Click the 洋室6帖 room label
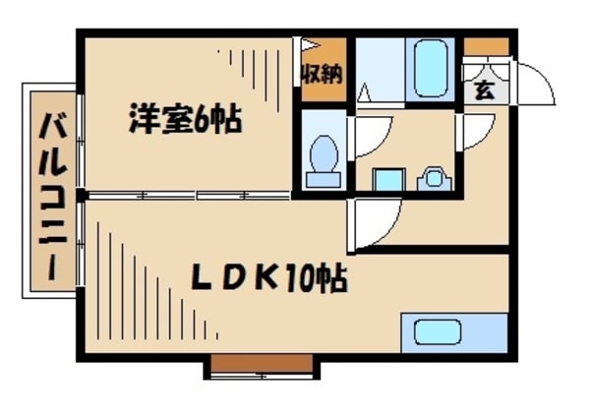coord(184,123)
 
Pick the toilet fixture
coord(322,160)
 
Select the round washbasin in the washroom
coord(432,179)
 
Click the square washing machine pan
coord(388,180)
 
